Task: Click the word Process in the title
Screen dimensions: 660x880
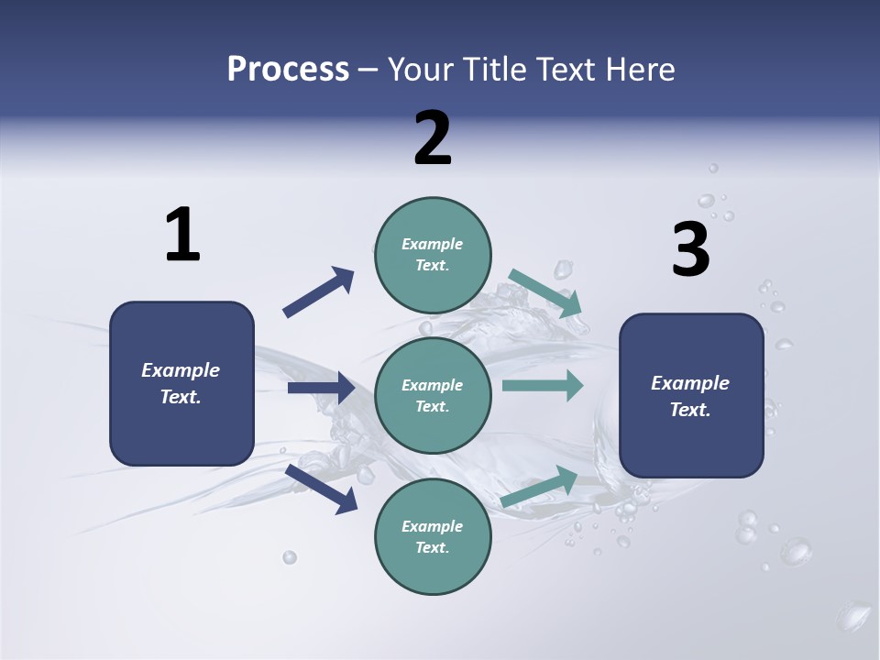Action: (288, 69)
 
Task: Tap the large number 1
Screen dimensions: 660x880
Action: (182, 235)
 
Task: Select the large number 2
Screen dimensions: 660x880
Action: (433, 138)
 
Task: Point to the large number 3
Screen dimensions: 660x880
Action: (690, 250)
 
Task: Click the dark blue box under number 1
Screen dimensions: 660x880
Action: (181, 431)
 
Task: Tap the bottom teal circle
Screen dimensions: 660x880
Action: (433, 568)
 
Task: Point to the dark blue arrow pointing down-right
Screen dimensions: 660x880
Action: (322, 487)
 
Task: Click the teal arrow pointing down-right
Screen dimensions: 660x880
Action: (545, 292)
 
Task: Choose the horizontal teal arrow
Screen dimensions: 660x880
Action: (542, 385)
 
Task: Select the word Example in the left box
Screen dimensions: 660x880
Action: (181, 370)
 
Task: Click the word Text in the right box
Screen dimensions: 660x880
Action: (688, 410)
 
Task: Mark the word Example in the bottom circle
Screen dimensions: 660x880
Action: (432, 526)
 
